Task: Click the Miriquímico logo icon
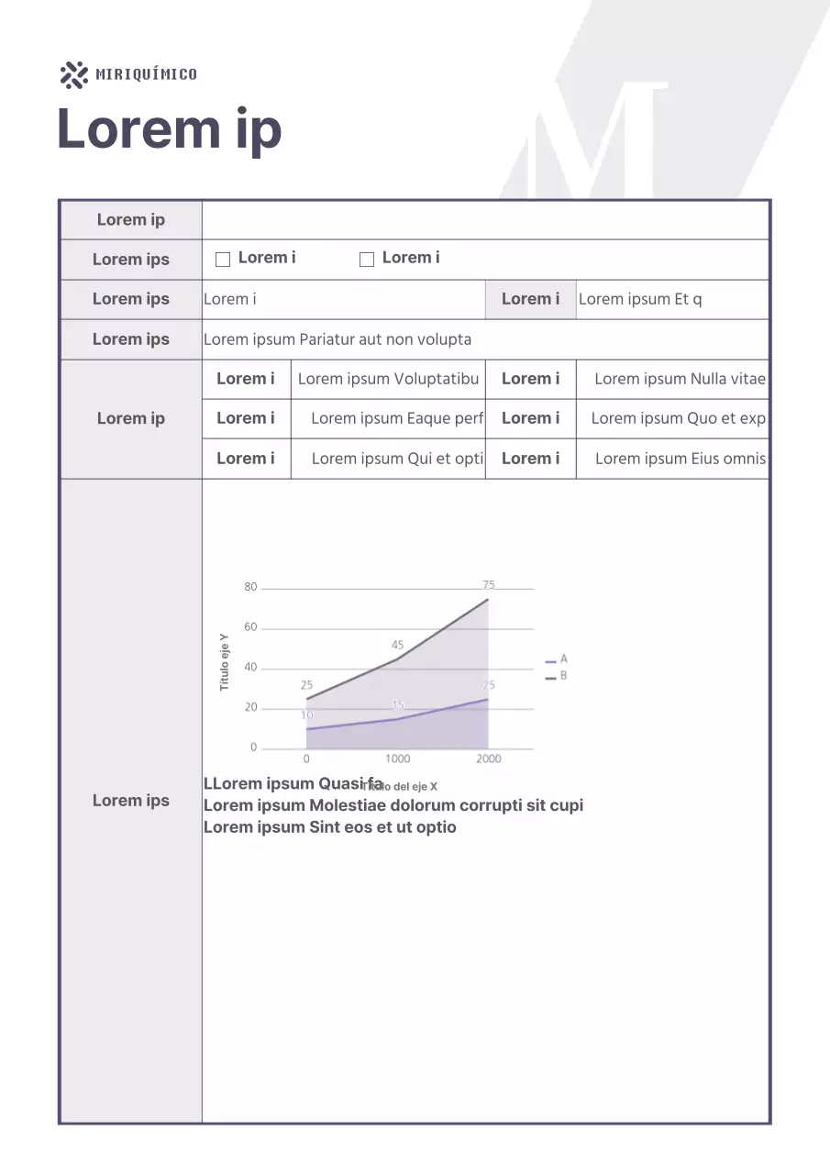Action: pos(73,75)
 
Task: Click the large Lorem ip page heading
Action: pos(170,129)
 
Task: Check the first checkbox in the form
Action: pos(222,260)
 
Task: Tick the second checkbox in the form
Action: pos(367,260)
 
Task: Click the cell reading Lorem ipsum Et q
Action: pos(640,299)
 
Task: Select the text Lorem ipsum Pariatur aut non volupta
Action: pos(338,339)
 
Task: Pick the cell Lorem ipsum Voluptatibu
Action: pos(388,379)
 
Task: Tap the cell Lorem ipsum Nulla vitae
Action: pos(680,379)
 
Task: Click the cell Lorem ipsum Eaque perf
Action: pos(396,418)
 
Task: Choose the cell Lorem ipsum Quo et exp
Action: pos(678,418)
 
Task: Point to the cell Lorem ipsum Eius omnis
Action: pos(680,459)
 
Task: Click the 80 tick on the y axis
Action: pos(250,587)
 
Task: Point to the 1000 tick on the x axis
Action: pos(397,759)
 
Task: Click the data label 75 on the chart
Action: pos(489,584)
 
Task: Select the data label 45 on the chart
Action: pos(397,646)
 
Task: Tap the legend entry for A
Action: pos(557,659)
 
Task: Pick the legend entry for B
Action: pos(557,676)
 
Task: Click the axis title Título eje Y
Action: pos(225,662)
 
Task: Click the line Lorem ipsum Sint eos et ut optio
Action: pos(329,827)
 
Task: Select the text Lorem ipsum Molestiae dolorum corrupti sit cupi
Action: pos(393,805)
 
